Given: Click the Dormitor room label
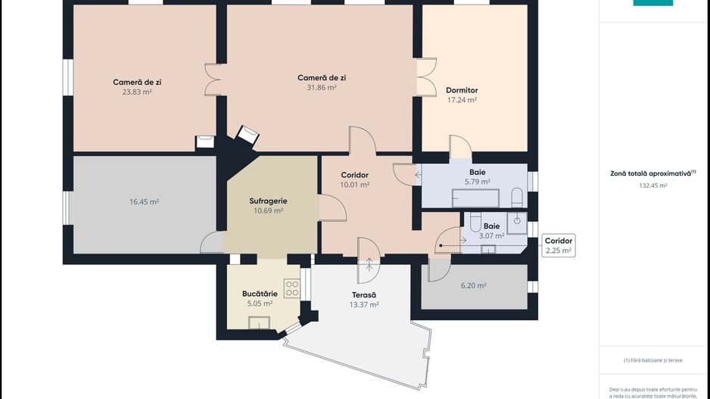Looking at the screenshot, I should [462, 90].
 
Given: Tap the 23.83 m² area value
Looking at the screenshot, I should [137, 92].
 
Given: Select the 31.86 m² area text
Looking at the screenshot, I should [322, 87].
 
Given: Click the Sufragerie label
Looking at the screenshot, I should [268, 201].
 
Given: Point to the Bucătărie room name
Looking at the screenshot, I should [260, 293].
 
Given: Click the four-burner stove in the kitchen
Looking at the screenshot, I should [292, 288].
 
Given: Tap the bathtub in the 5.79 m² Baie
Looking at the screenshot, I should [475, 198].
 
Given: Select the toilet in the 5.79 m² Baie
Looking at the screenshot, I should [517, 198].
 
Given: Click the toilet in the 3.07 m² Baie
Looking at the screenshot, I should [475, 222].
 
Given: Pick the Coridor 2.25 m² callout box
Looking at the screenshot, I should [559, 245].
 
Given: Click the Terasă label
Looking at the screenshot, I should [364, 295].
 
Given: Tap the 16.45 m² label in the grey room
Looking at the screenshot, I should [144, 202].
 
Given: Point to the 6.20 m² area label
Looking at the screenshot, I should [473, 285].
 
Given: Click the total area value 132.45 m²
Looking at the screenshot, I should [652, 185].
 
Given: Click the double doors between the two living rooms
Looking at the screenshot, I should [212, 79].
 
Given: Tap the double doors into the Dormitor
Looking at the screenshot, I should [425, 76].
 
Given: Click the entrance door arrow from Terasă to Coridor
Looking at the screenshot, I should [369, 264].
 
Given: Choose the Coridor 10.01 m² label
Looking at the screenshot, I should [354, 179].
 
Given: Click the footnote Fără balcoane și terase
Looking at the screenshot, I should [652, 360].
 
